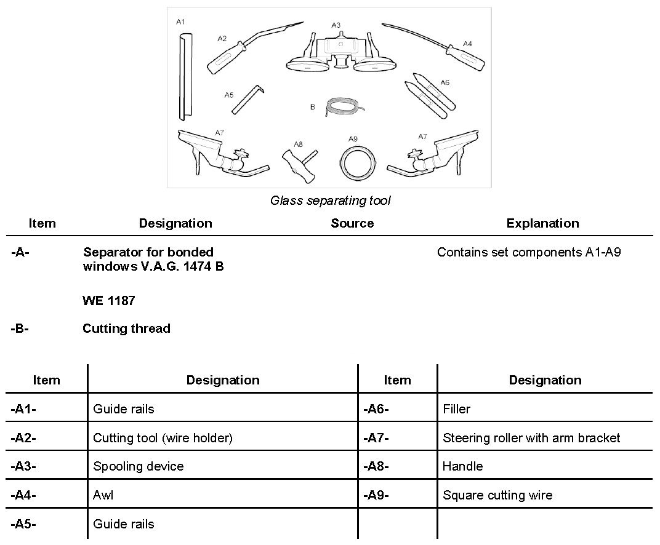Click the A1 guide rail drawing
coord(183,78)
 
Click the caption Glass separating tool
coord(330,201)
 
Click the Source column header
coord(352,223)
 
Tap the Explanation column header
coord(542,223)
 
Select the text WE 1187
coord(109,301)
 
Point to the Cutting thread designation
coord(126,328)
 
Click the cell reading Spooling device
coord(139,466)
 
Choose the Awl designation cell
coord(103,495)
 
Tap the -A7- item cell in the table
coord(376,438)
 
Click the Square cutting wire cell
coord(497,495)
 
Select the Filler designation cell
coord(456,409)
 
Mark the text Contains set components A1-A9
coord(529,252)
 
